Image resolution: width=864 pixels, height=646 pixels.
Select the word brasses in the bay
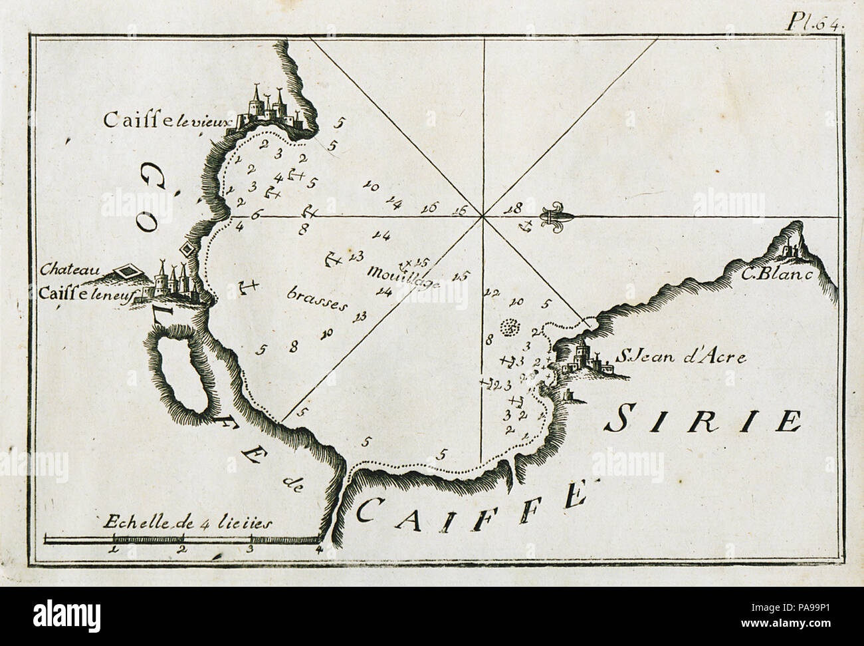(318, 299)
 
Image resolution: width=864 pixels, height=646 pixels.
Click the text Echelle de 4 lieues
(188, 522)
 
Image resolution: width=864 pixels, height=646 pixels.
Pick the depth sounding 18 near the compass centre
(512, 208)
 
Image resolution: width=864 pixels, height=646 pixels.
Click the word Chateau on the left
(69, 270)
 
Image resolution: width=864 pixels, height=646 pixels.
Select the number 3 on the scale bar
(250, 550)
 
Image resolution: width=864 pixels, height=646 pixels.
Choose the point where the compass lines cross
(483, 216)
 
